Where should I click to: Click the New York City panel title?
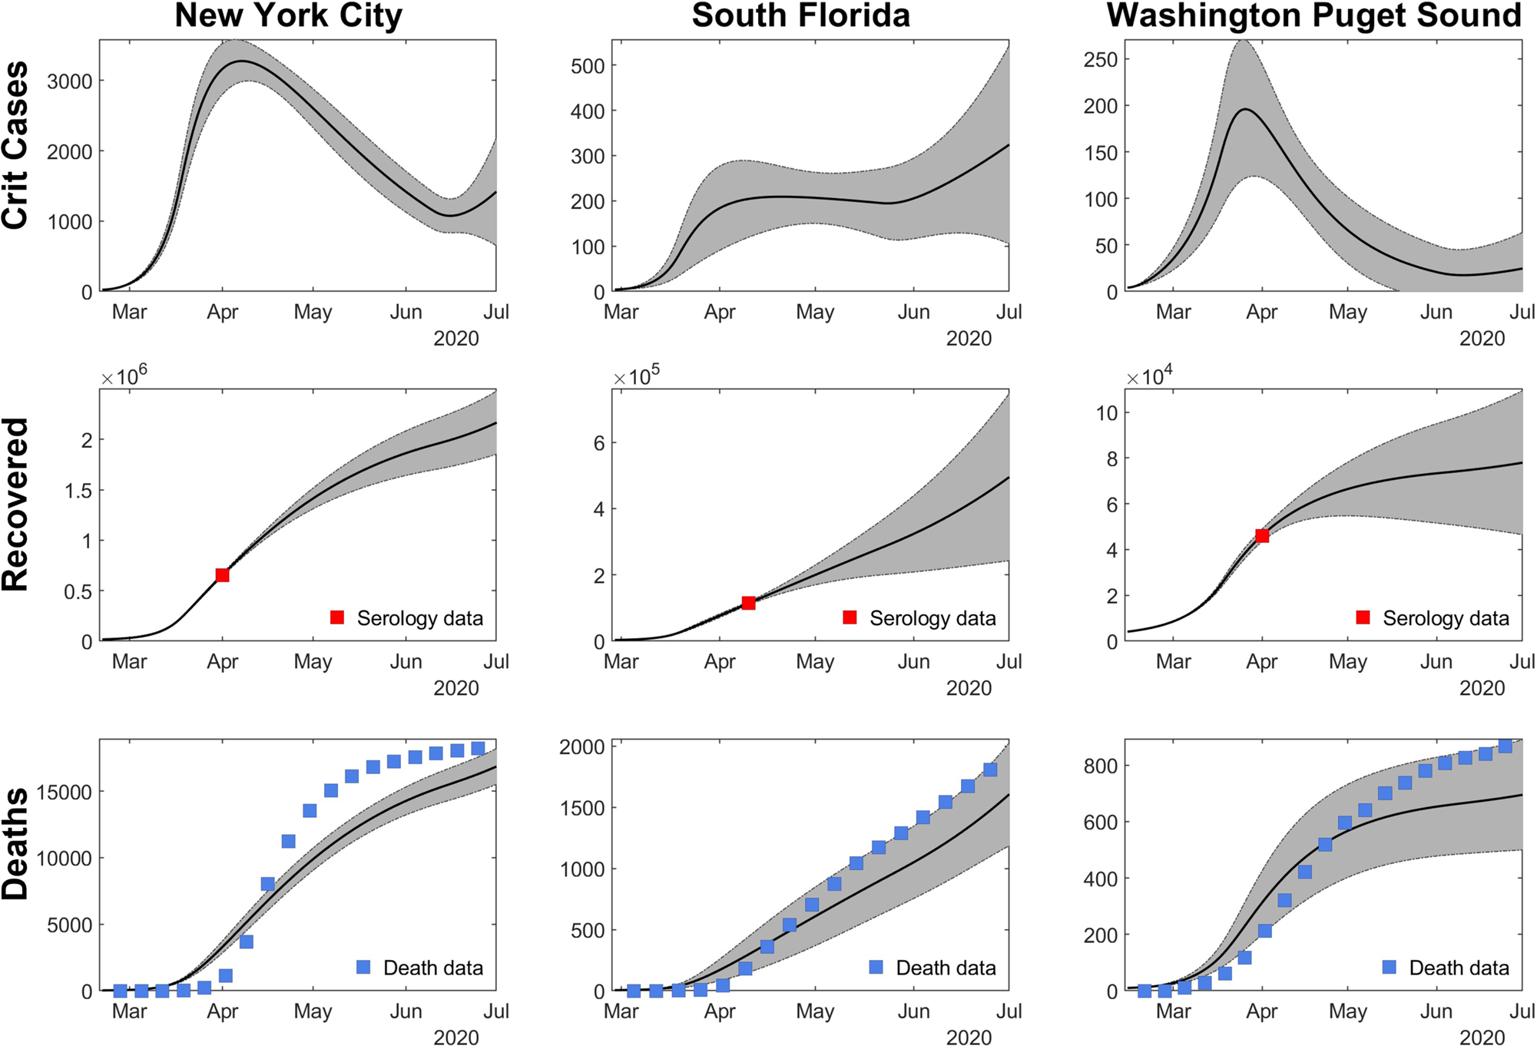tap(288, 16)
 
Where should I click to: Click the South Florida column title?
tap(800, 16)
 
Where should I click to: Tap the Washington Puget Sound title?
tap(1313, 16)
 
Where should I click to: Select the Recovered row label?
tap(15, 505)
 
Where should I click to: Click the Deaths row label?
tap(15, 842)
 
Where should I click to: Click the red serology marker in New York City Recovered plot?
tap(222, 575)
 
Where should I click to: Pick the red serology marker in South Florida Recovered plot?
tap(748, 603)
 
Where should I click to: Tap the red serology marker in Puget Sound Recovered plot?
tap(1261, 536)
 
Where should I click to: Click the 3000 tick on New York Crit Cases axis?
tap(69, 81)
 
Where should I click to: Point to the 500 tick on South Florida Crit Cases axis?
tap(588, 66)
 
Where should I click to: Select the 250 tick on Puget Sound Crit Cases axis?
tap(1100, 60)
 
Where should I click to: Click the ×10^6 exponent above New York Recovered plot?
tap(124, 376)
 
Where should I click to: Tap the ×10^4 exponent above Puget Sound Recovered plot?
tap(1149, 376)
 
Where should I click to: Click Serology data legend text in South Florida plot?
tap(932, 618)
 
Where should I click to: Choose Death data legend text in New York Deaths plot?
tap(433, 968)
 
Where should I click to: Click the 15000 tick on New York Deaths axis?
tap(65, 792)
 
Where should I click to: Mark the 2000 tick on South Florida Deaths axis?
tap(582, 747)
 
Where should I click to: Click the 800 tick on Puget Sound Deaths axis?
tap(1100, 766)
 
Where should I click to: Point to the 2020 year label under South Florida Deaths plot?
tap(969, 1037)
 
